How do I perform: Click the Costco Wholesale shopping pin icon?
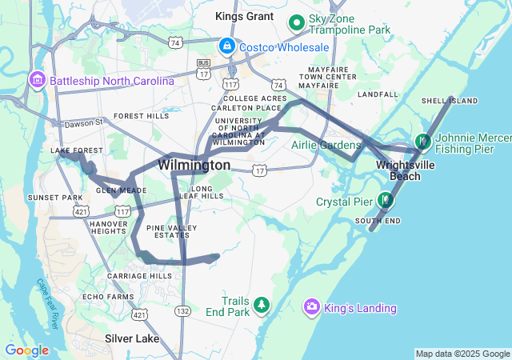[228, 47]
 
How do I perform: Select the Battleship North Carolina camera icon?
[37, 81]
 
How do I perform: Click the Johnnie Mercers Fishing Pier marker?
[422, 142]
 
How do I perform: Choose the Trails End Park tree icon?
[261, 306]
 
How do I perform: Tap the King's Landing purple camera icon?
[313, 307]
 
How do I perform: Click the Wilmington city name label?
[194, 165]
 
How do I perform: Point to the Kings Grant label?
[244, 15]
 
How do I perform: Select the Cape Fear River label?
[47, 303]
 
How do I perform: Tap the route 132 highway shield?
[184, 310]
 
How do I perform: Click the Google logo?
[26, 350]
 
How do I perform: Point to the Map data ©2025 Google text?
[462, 354]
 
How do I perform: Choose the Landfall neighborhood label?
[378, 94]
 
